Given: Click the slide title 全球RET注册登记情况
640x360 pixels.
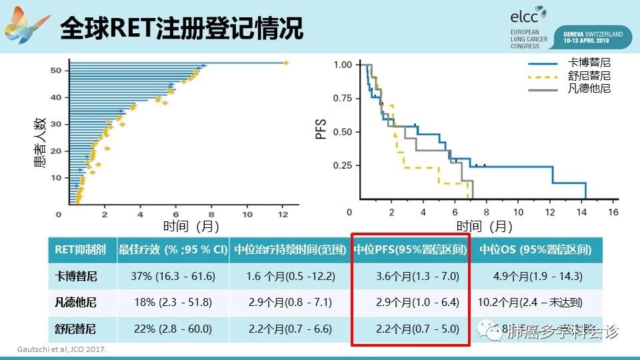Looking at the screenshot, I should point(181,28).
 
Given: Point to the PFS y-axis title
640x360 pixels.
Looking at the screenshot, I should point(321,129).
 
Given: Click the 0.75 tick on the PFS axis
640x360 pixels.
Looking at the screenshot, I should point(342,98).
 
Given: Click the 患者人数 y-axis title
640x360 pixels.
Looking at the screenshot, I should point(40,141).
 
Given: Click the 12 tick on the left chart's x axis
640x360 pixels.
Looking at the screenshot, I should point(283,214).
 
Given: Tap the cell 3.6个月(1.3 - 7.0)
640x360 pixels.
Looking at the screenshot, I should point(411,276).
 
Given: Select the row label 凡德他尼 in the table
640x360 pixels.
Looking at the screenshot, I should point(75,303).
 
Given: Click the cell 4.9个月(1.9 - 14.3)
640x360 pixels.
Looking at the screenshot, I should point(537,276).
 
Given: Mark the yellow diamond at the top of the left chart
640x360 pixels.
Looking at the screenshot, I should point(286,63).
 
